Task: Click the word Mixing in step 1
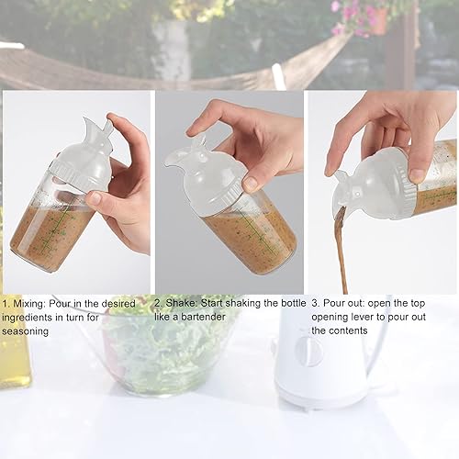tap(30, 302)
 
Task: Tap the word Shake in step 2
tap(182, 302)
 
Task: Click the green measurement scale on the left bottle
tap(57, 234)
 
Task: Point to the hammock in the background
tap(110, 69)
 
